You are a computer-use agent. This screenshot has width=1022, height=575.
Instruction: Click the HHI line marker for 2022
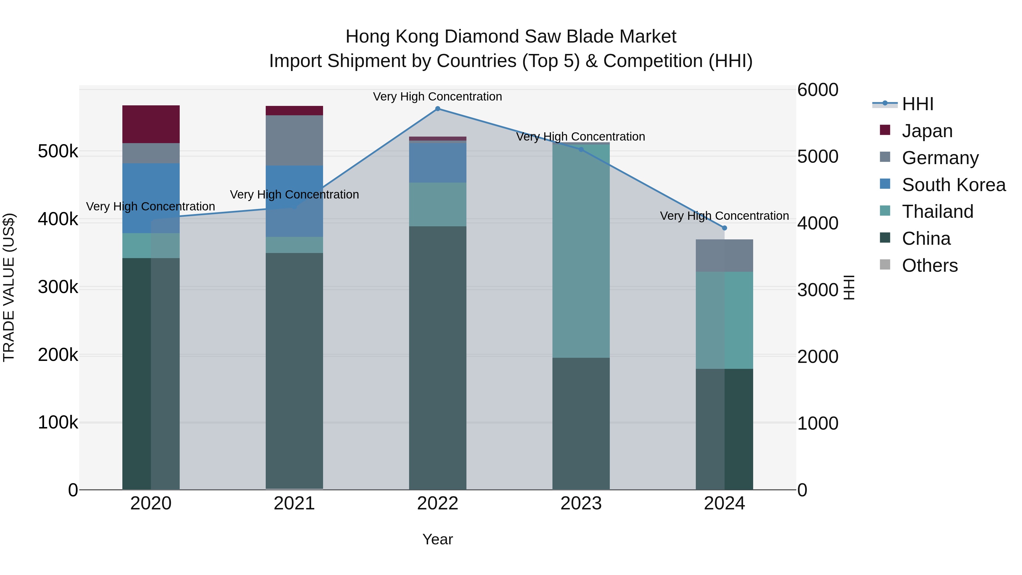pos(437,109)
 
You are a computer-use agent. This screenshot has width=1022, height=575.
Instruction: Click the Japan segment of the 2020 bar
pos(151,124)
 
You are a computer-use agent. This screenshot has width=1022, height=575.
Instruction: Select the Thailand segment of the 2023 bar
pos(581,250)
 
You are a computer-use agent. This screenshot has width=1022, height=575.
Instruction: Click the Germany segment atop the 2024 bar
pos(724,256)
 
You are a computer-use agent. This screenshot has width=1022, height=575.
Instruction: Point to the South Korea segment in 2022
pos(437,163)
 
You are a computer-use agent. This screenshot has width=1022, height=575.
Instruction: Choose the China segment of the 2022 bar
pos(437,357)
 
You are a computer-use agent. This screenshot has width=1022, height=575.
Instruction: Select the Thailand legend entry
pos(937,212)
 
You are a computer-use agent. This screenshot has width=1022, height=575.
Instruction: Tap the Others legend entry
pos(929,265)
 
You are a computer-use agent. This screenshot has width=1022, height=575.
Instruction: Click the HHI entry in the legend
pos(917,104)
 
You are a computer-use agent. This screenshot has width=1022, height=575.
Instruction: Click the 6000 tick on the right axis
pos(818,90)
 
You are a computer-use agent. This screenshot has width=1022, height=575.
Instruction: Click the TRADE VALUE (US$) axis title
pos(9,287)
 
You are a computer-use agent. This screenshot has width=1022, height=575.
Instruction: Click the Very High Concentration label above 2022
pos(437,97)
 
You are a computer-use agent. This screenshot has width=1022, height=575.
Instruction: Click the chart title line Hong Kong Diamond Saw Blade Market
pos(511,37)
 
